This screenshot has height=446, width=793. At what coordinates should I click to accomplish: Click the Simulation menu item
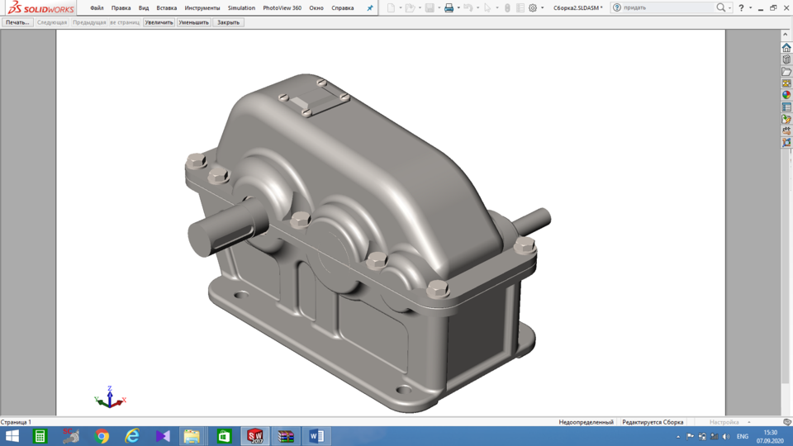click(x=241, y=8)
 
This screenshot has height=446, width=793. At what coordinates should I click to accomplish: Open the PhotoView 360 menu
click(x=282, y=8)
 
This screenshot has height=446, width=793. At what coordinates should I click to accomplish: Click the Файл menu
click(x=97, y=8)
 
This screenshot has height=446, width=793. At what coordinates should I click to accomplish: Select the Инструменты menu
click(x=202, y=8)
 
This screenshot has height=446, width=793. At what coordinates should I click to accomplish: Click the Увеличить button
click(x=159, y=22)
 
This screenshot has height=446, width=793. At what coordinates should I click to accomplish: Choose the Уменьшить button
click(x=193, y=22)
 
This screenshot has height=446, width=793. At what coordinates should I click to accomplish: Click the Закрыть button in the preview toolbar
click(x=228, y=22)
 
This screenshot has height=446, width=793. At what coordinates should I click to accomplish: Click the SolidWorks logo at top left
click(x=40, y=8)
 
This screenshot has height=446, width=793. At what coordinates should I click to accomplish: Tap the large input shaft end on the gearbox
click(x=207, y=235)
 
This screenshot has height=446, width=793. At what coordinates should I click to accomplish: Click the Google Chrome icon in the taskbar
click(x=102, y=436)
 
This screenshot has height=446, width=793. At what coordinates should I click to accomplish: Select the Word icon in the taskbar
click(x=316, y=436)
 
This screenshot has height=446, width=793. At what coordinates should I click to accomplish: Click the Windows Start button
click(x=12, y=436)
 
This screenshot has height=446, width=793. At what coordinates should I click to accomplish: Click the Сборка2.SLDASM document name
click(x=576, y=8)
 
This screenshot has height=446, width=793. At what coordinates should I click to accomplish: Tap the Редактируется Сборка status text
click(x=653, y=422)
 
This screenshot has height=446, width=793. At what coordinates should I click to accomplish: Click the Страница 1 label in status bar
click(x=17, y=422)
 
